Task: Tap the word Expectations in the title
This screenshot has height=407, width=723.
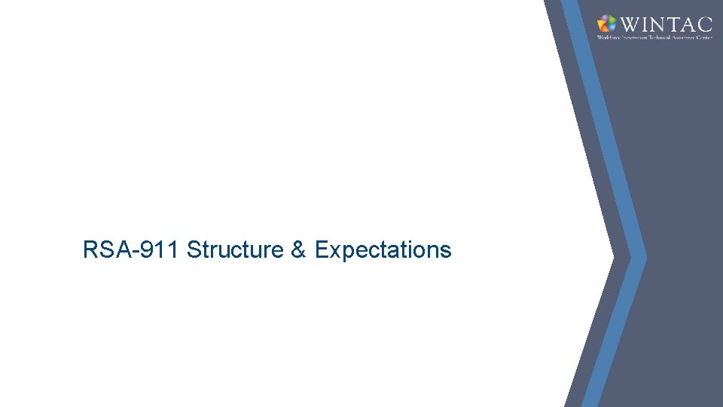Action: [x=383, y=249]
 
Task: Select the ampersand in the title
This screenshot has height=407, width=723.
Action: [x=299, y=249]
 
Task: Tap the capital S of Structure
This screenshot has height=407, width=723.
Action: [x=194, y=249]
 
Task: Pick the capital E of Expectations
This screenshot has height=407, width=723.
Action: [x=321, y=249]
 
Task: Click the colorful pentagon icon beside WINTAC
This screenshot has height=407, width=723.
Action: [x=606, y=23]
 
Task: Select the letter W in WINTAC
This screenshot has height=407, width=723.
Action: [x=628, y=23]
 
